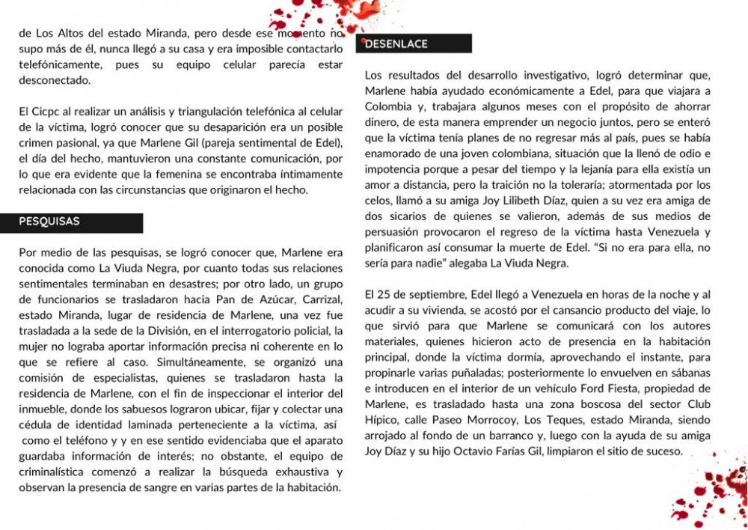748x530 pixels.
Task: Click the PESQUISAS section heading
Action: (49, 222)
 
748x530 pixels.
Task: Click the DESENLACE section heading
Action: (396, 44)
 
